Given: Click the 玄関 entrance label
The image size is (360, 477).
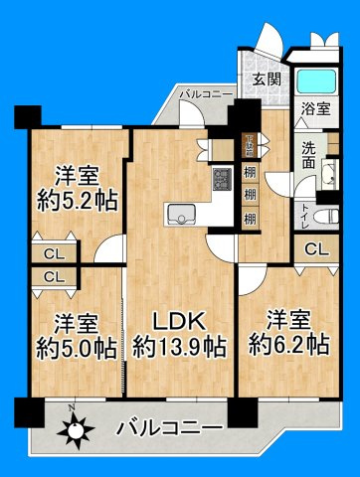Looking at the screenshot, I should (264, 80).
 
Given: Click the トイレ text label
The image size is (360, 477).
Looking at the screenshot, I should (303, 213).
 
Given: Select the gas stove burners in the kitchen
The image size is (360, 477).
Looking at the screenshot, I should (220, 180).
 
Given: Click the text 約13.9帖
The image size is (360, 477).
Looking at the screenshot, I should (179, 347).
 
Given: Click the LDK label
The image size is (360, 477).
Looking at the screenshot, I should (179, 320).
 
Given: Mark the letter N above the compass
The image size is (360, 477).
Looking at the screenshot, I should (70, 410).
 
